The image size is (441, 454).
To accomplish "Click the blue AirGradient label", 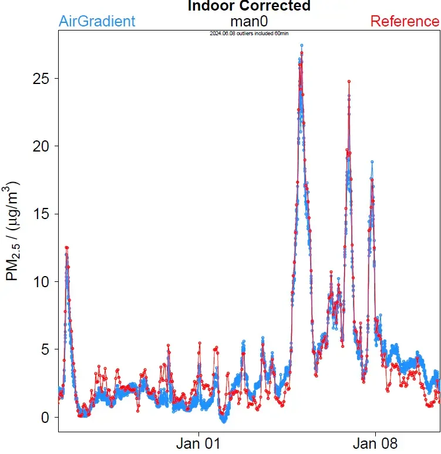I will [x=97, y=22].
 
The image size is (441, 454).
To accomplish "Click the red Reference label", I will [x=405, y=22].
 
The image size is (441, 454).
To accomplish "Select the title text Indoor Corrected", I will [x=249, y=6].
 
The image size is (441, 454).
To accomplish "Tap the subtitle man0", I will [x=249, y=22].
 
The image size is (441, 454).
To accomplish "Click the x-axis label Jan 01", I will [x=199, y=443].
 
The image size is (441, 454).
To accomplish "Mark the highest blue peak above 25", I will [x=301, y=45].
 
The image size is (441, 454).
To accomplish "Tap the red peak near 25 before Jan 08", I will [x=349, y=82].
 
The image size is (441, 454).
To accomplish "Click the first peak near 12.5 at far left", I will [x=67, y=248].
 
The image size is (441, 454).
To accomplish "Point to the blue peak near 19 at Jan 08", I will [x=372, y=162].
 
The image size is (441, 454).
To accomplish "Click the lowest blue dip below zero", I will [x=223, y=421].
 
